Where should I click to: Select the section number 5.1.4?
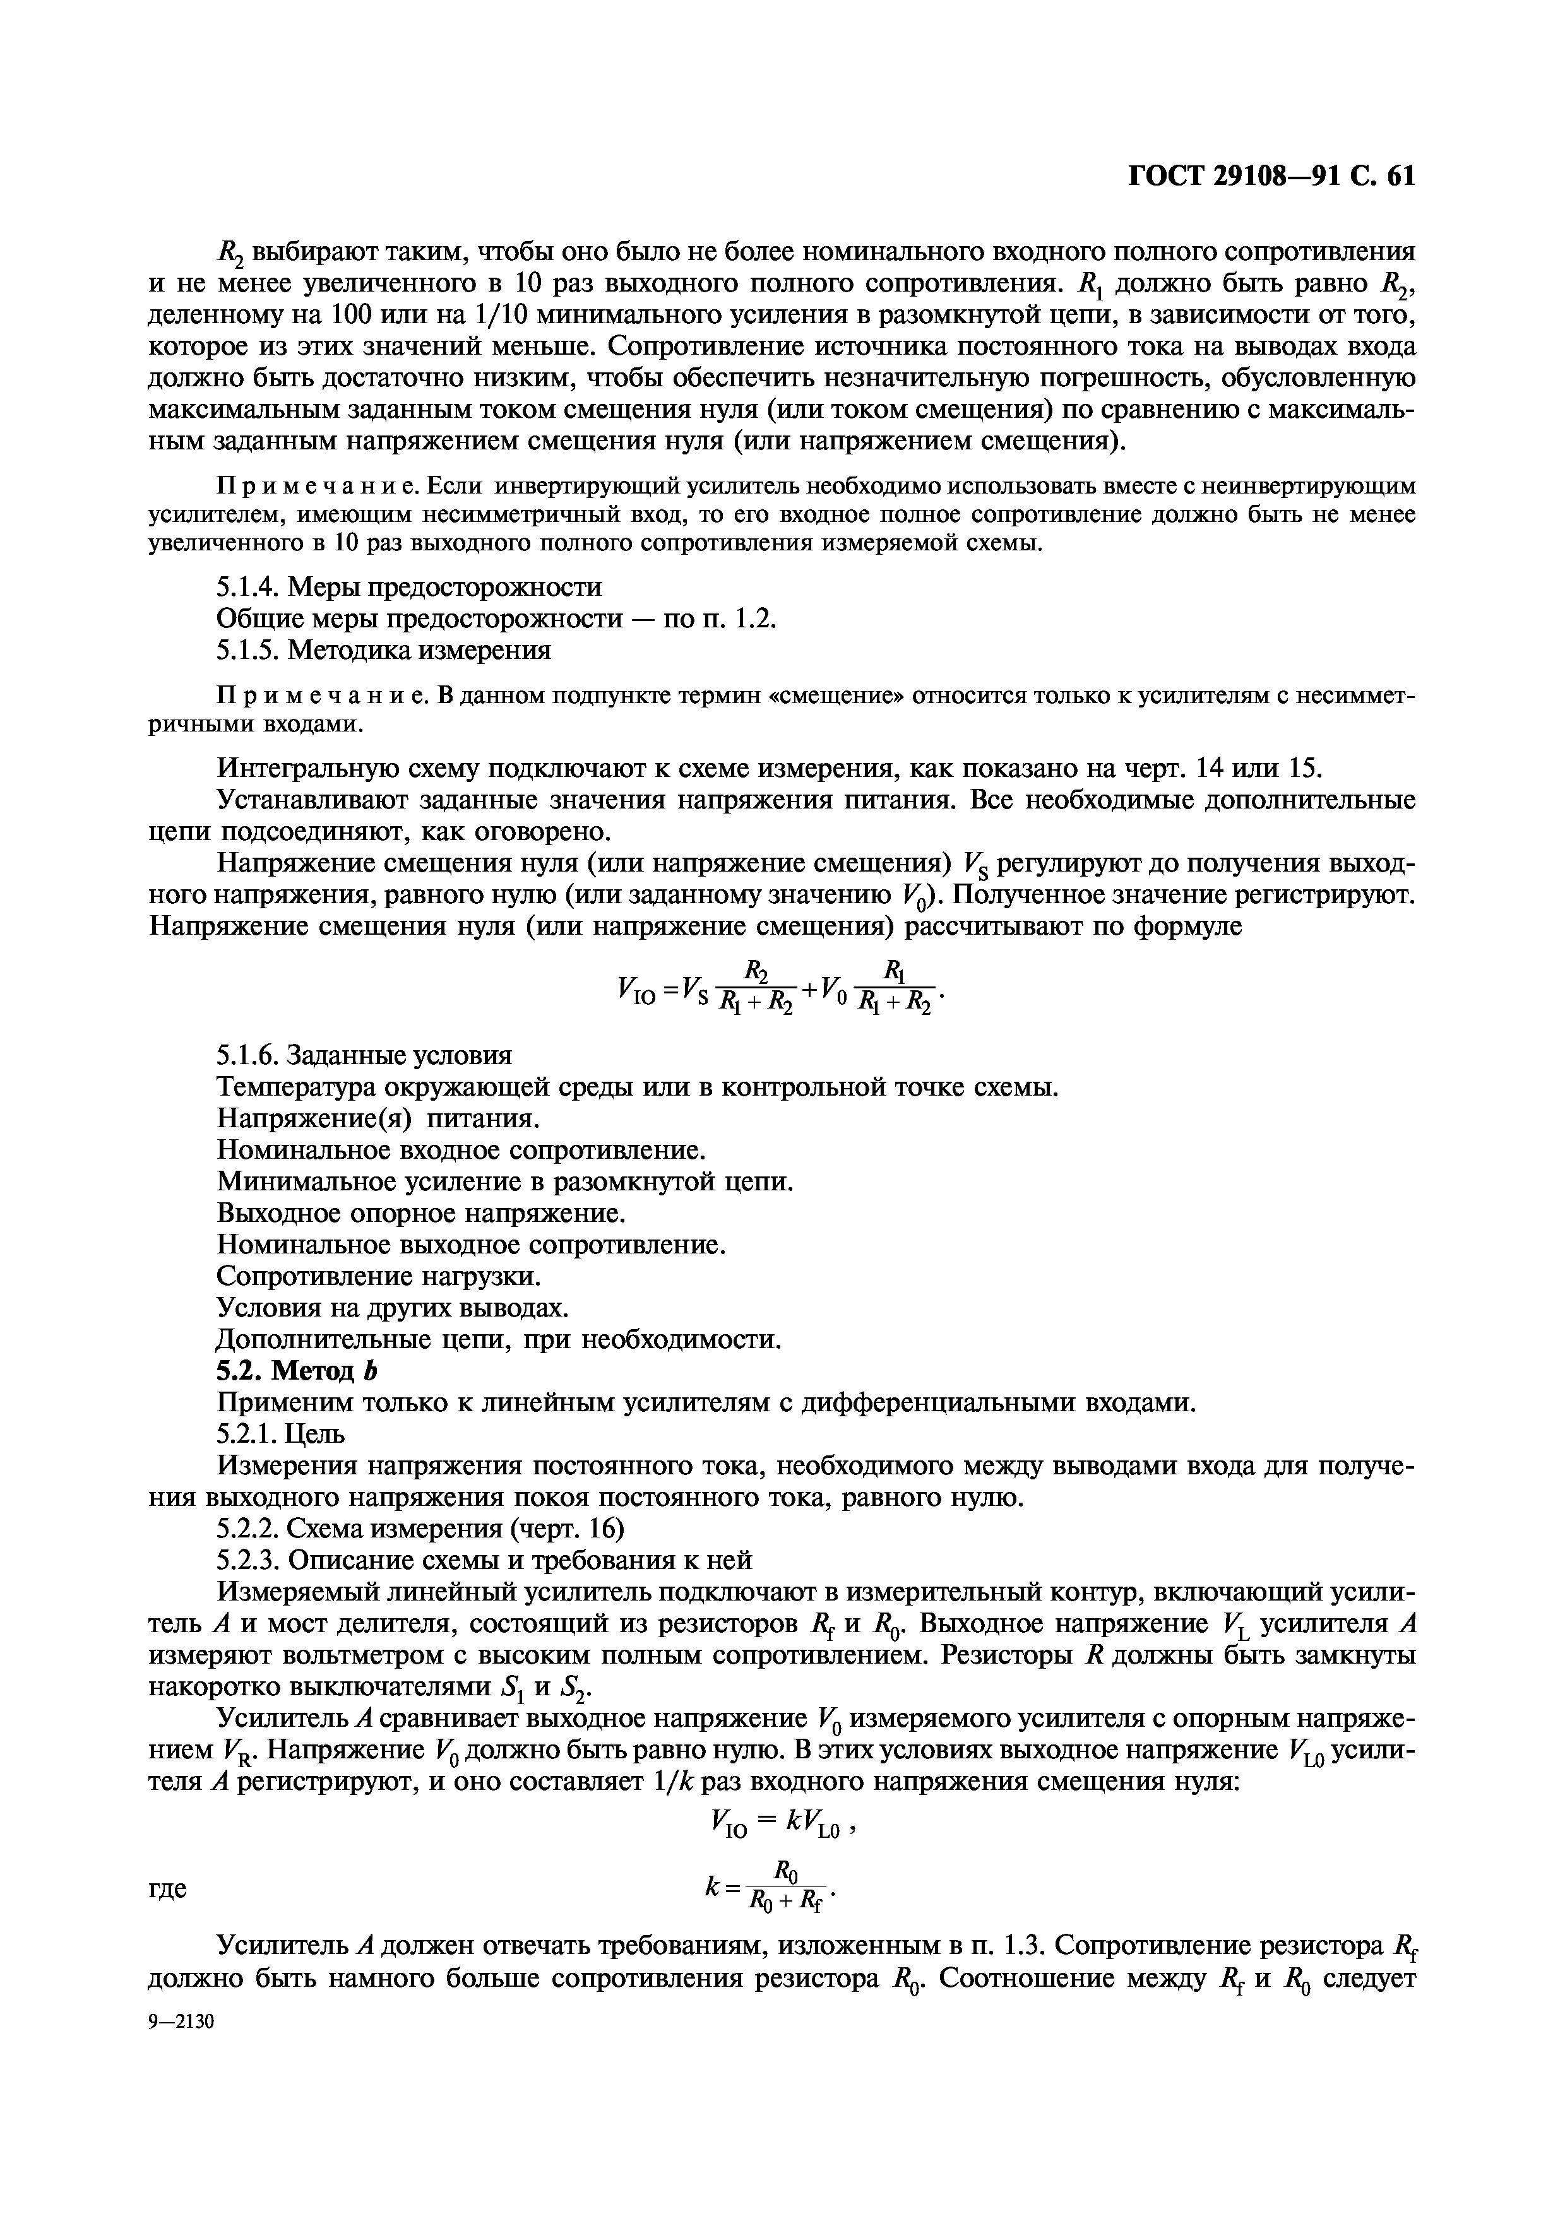[249, 586]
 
